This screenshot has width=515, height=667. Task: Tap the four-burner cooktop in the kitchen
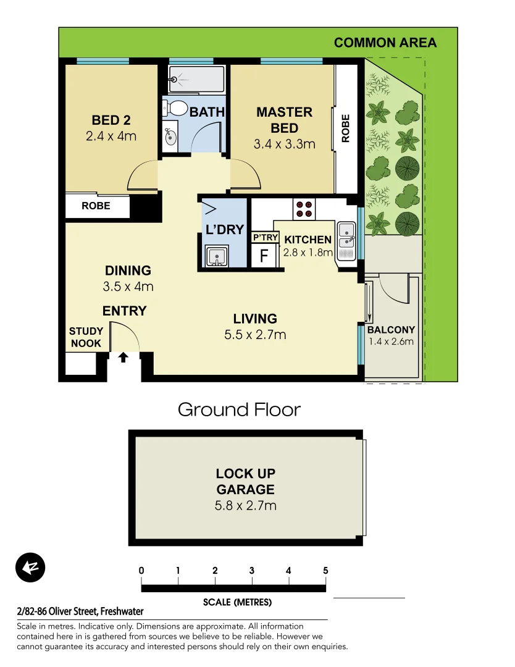point(303,209)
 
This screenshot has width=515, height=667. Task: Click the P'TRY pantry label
point(265,237)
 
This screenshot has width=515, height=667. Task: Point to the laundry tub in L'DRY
point(216,256)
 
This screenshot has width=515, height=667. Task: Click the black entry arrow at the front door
point(123,357)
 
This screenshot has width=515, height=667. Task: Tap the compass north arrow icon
point(31,568)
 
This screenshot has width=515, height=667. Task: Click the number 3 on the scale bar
point(252,571)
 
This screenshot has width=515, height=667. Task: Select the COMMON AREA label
point(385,43)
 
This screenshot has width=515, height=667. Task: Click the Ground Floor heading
point(239,409)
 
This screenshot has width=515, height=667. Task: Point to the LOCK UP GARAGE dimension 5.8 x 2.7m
point(245,506)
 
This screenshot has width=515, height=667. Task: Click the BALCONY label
point(391,330)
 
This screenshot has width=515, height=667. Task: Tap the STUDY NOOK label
point(86,338)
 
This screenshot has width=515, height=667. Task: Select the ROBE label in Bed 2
point(96,206)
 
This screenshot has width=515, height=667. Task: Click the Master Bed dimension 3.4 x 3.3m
point(284,145)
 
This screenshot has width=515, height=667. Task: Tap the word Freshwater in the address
point(122,611)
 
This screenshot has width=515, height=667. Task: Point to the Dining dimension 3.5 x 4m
point(128,287)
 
